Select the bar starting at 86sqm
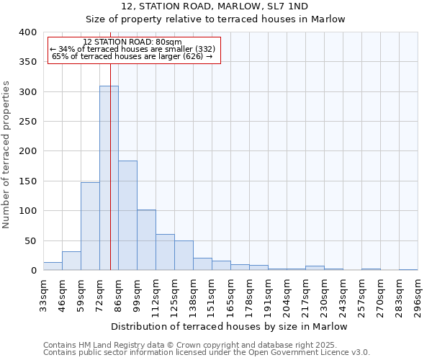pos(127,215)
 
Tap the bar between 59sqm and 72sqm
pos(90,226)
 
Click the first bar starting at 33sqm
pos(53,266)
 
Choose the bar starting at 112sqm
pos(165,252)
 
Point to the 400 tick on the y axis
pos(27,32)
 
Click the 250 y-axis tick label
pos(27,122)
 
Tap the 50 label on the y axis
pos(30,240)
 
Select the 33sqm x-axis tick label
pos(43,294)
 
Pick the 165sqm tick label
pos(230,294)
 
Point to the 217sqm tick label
pos(305,294)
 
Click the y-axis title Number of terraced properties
pos(6,154)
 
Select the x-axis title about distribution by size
pos(230,327)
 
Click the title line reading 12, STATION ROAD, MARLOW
pos(215,6)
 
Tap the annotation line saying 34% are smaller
pos(132,49)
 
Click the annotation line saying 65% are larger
pos(132,56)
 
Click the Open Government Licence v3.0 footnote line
pos(207,353)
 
